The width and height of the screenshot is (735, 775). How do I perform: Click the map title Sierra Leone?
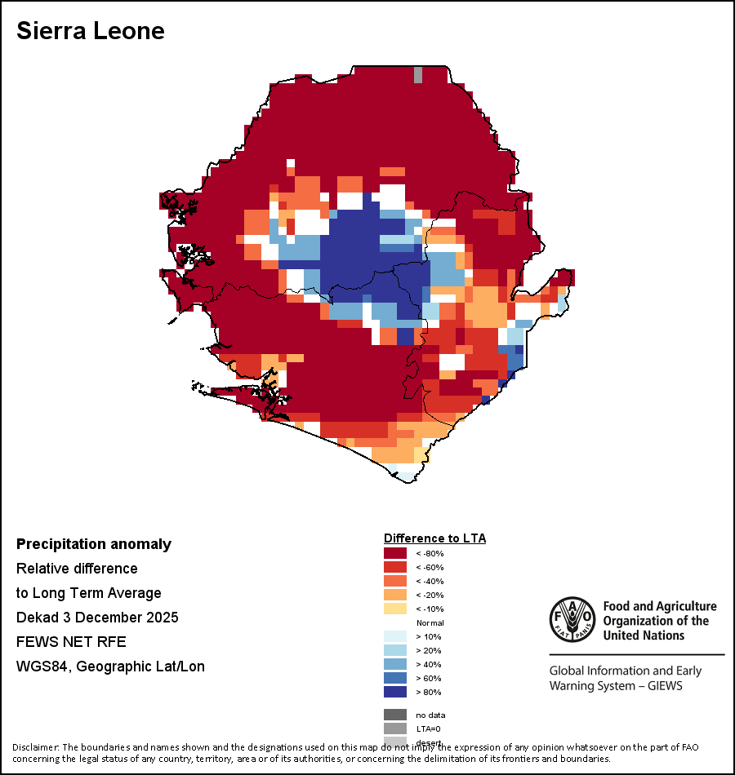91,31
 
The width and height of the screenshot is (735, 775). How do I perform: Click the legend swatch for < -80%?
394,554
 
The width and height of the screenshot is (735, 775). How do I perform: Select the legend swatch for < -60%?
394,568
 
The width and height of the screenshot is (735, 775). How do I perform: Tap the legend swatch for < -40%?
394,582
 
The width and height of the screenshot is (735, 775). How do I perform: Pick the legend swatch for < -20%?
394,596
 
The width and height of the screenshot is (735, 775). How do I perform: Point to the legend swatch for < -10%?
394,609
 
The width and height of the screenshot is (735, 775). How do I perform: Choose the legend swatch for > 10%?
394,637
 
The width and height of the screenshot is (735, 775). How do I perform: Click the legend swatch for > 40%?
394,665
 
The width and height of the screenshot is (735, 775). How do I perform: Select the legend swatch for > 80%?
394,693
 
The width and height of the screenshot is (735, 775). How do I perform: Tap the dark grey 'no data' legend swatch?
394,715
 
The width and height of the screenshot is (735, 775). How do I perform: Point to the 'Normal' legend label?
430,623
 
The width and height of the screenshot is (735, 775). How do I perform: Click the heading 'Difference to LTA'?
434,538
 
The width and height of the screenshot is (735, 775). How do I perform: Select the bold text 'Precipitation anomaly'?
94,544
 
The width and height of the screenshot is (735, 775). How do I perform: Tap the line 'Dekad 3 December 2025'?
97,618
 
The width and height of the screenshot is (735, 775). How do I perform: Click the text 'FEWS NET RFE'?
72,642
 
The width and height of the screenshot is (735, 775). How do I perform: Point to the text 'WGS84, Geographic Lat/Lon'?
110,666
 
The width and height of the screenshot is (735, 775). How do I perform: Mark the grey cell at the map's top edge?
418,74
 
